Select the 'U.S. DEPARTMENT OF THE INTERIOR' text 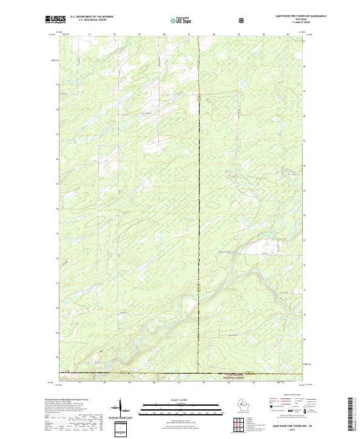92,17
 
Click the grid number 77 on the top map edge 89,35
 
